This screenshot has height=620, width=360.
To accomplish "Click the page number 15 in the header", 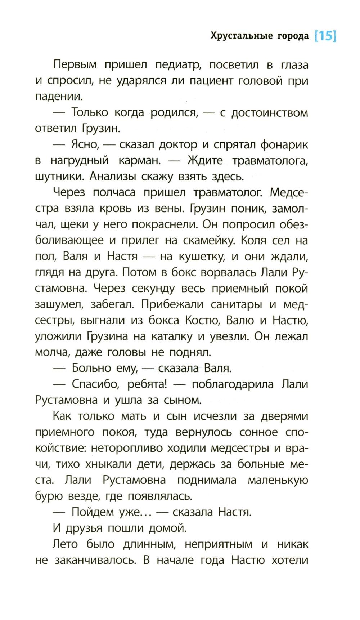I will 325,37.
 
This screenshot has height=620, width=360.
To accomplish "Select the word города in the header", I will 293,36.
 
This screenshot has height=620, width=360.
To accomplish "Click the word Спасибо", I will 94,384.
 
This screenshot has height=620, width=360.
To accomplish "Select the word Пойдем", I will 92,512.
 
